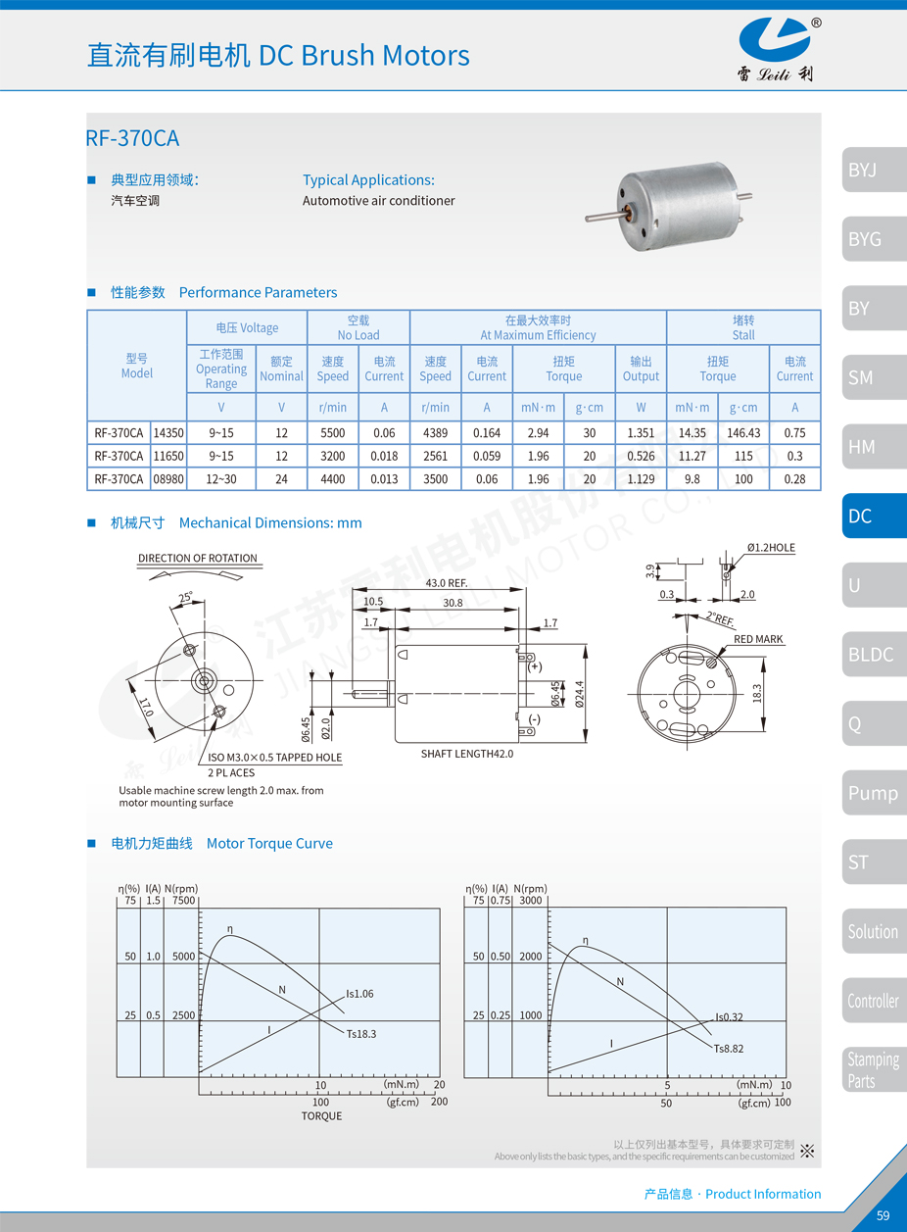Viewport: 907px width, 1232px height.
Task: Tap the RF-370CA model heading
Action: click(x=133, y=138)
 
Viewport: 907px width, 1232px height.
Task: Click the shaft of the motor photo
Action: click(x=603, y=213)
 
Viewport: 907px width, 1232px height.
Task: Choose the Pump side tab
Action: click(x=872, y=793)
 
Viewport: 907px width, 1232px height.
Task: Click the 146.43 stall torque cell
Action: click(x=743, y=432)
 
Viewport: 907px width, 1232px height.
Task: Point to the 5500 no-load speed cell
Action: click(x=333, y=432)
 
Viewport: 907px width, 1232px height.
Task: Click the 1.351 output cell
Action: click(x=641, y=432)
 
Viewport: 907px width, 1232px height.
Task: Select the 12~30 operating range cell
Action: click(x=221, y=478)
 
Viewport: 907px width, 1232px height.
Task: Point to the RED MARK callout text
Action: click(x=758, y=639)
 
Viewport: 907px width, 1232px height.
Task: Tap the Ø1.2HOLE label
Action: click(x=771, y=548)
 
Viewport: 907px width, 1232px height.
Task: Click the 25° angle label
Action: click(x=185, y=597)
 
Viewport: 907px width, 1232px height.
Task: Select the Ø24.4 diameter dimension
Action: click(x=580, y=693)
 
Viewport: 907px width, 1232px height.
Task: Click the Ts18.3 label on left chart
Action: click(x=360, y=1033)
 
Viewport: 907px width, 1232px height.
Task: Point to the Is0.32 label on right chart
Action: click(x=729, y=1017)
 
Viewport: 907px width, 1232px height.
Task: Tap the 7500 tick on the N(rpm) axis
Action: click(x=183, y=900)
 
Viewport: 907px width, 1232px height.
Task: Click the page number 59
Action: click(x=883, y=1215)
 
